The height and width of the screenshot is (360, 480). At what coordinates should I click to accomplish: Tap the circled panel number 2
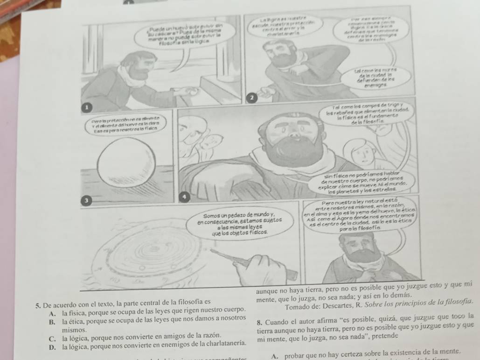click(251, 97)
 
